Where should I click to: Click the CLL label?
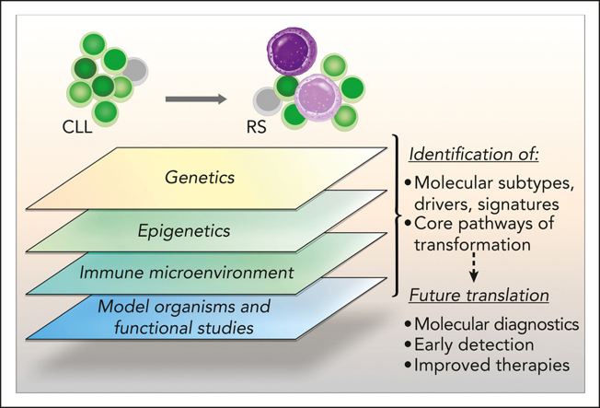click(x=77, y=126)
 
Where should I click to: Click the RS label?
click(x=256, y=126)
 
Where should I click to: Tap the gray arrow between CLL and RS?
click(x=196, y=99)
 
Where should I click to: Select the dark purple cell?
click(x=292, y=51)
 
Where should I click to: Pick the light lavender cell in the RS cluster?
click(x=317, y=98)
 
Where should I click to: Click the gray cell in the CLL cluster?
click(x=135, y=71)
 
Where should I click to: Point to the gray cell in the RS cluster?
click(x=267, y=101)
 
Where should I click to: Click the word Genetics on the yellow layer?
click(x=200, y=178)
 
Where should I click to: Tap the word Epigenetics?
click(x=184, y=231)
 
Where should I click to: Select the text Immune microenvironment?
click(x=187, y=273)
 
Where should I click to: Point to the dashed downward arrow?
click(x=474, y=267)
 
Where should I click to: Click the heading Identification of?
click(x=474, y=154)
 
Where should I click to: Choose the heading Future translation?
click(x=479, y=296)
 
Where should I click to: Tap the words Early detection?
click(x=474, y=344)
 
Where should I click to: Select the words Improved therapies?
click(x=492, y=365)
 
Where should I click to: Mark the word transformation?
click(x=473, y=244)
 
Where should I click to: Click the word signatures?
click(x=518, y=204)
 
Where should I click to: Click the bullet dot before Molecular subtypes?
click(x=409, y=183)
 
